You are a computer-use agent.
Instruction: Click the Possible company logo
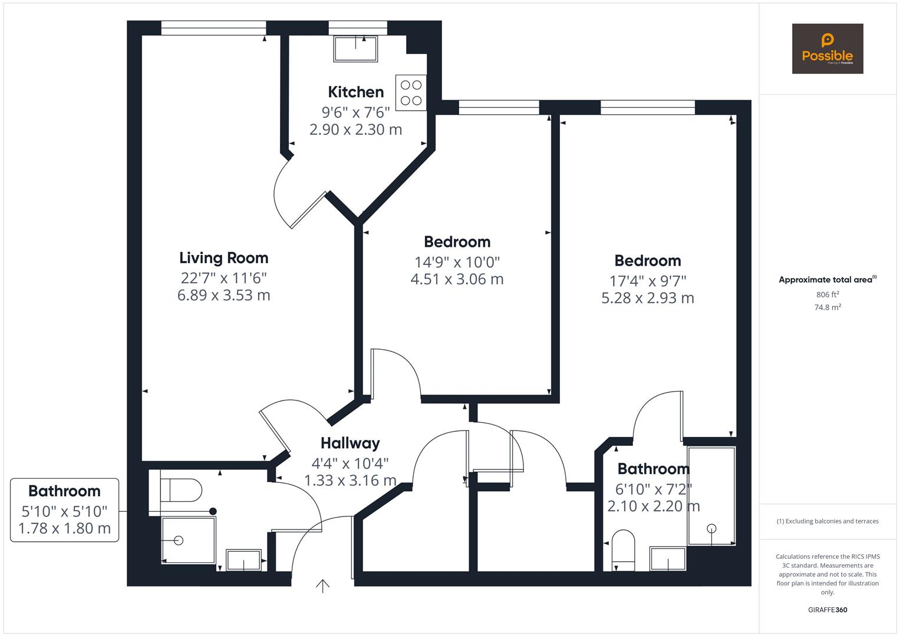pyautogui.click(x=827, y=49)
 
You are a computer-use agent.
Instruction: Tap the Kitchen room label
pyautogui.click(x=355, y=92)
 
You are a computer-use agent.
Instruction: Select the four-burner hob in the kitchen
pyautogui.click(x=411, y=92)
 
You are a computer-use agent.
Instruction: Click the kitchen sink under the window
pyautogui.click(x=355, y=49)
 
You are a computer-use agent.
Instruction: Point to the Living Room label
pyautogui.click(x=223, y=258)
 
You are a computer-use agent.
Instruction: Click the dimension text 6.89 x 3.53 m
pyautogui.click(x=223, y=295)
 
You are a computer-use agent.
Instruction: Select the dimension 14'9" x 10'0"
pyautogui.click(x=457, y=261)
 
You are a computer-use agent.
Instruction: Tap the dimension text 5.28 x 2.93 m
pyautogui.click(x=647, y=298)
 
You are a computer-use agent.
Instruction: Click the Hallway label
pyautogui.click(x=350, y=443)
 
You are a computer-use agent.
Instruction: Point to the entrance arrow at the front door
pyautogui.click(x=322, y=586)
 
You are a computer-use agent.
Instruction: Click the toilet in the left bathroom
pyautogui.click(x=181, y=489)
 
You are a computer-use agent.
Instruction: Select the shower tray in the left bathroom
pyautogui.click(x=188, y=540)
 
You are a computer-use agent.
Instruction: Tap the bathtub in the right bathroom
pyautogui.click(x=711, y=496)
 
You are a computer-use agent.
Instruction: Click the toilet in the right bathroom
pyautogui.click(x=623, y=549)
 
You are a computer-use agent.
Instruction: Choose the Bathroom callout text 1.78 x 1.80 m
pyautogui.click(x=64, y=529)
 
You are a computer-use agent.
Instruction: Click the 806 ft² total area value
pyautogui.click(x=827, y=294)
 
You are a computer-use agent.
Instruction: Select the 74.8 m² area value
pyautogui.click(x=827, y=307)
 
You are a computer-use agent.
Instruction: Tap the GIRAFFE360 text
pyautogui.click(x=827, y=610)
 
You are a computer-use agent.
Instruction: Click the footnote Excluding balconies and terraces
pyautogui.click(x=827, y=521)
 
